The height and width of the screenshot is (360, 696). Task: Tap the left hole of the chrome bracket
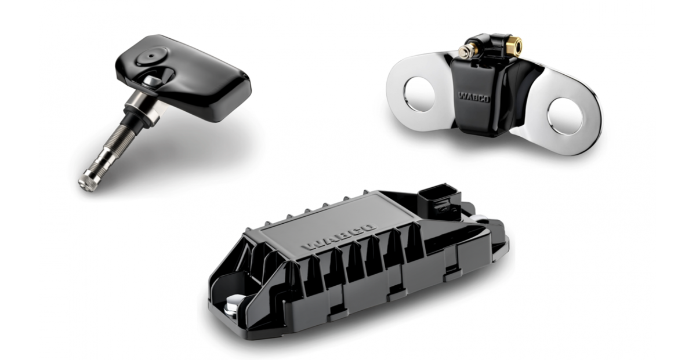(419, 93)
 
